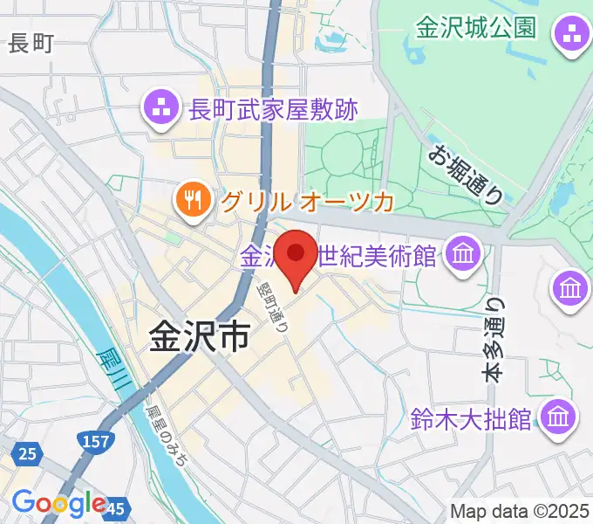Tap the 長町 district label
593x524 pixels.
click(x=31, y=44)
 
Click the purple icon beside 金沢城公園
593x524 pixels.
click(x=572, y=35)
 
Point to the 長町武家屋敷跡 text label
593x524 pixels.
click(x=274, y=110)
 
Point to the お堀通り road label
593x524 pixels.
click(x=467, y=174)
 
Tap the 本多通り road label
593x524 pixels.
click(x=494, y=341)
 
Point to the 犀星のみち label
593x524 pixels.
click(x=165, y=434)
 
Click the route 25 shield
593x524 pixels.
click(x=26, y=452)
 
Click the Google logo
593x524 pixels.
click(x=59, y=503)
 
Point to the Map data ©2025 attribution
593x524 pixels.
click(x=520, y=511)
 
